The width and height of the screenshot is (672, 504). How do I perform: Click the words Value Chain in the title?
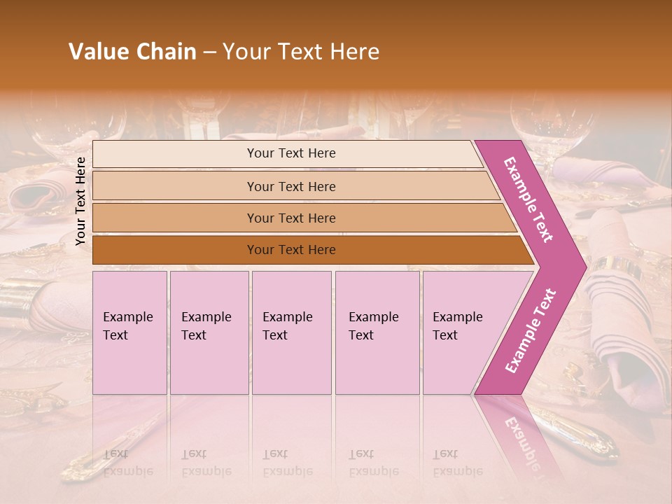132,52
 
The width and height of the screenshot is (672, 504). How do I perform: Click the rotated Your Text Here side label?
80,201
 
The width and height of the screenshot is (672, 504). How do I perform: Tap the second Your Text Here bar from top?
291,186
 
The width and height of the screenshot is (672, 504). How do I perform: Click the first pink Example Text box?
129,332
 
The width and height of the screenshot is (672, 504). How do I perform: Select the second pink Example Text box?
209,332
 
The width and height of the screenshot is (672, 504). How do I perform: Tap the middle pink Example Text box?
291,332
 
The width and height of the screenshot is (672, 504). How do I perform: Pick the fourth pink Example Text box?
377,332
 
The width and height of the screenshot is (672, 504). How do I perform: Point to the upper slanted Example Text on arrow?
528,199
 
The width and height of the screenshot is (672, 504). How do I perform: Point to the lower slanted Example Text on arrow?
531,330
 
